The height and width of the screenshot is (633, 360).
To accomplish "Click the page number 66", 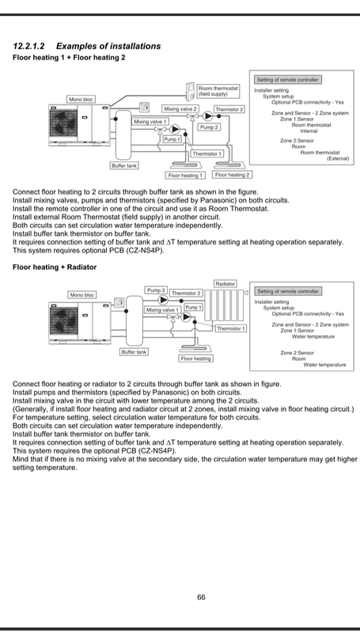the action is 201,597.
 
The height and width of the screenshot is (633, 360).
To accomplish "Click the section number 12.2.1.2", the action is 28,46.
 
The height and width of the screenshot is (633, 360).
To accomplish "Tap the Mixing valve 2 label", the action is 180,109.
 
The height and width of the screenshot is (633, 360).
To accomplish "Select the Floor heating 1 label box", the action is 185,175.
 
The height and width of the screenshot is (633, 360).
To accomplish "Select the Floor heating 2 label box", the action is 232,175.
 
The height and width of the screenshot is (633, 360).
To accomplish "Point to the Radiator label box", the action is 225,284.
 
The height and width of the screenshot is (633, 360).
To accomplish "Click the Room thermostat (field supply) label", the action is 218,91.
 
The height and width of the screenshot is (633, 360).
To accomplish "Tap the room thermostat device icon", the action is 191,92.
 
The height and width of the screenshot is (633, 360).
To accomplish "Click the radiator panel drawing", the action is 225,305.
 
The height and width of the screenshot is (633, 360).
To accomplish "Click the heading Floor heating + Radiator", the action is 55,267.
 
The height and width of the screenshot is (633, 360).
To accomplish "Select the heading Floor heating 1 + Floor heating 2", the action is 69,57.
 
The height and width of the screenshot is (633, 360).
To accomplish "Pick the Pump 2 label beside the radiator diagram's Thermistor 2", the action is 156,290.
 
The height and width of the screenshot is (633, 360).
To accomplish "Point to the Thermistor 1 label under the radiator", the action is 230,328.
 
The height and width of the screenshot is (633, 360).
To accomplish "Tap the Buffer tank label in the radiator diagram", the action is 135,352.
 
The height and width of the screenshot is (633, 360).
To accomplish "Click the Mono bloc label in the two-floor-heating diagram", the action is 81,100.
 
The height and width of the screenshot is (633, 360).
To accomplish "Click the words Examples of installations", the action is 108,46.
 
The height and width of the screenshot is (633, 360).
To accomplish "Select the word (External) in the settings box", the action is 338,159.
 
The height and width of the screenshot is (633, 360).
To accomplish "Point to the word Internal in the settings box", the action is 309,131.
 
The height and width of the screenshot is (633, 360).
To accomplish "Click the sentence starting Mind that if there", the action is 186,464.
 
